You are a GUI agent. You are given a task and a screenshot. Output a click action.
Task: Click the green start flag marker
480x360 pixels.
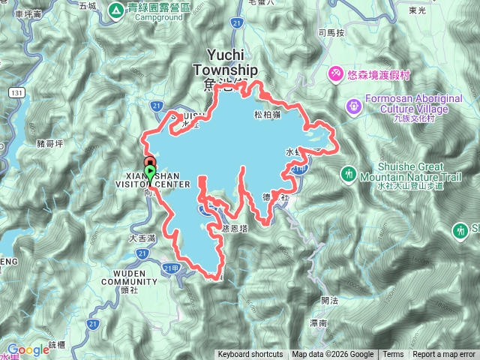pyautogui.click(x=150, y=172)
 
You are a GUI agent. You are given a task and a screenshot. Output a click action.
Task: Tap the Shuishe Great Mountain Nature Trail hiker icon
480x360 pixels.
pyautogui.click(x=348, y=175)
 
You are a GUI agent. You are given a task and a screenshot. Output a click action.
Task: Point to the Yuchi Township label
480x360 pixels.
pyautogui.click(x=225, y=61)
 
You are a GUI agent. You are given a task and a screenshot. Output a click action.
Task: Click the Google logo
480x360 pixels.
pyautogui.click(x=28, y=349)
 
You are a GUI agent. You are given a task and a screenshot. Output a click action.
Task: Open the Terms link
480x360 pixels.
pyautogui.click(x=393, y=355)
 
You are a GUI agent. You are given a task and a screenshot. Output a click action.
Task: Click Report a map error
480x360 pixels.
pyautogui.click(x=445, y=355)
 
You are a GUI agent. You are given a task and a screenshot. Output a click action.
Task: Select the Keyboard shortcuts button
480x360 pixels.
pyautogui.click(x=250, y=355)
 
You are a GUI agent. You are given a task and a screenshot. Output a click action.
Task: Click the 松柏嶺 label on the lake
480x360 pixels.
pyautogui.click(x=267, y=115)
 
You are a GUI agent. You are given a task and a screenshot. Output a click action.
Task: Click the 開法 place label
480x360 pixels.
pyautogui.click(x=328, y=300)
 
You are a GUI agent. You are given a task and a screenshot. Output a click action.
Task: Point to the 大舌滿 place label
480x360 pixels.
pyautogui.click(x=142, y=238)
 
